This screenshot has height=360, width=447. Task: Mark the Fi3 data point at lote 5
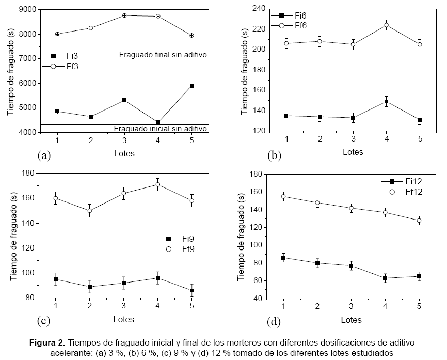click(192, 86)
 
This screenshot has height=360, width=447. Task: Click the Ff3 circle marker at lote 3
click(124, 15)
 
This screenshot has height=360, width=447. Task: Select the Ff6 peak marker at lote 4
click(386, 25)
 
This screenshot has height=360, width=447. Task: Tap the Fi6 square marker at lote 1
click(286, 116)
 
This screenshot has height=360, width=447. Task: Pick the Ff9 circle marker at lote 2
click(90, 211)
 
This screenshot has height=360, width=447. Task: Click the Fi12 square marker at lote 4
click(385, 278)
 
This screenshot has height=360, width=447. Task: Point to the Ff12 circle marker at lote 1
click(283, 196)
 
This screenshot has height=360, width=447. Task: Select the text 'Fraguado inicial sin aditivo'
click(160, 128)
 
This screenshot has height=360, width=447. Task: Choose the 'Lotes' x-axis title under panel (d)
click(352, 320)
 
